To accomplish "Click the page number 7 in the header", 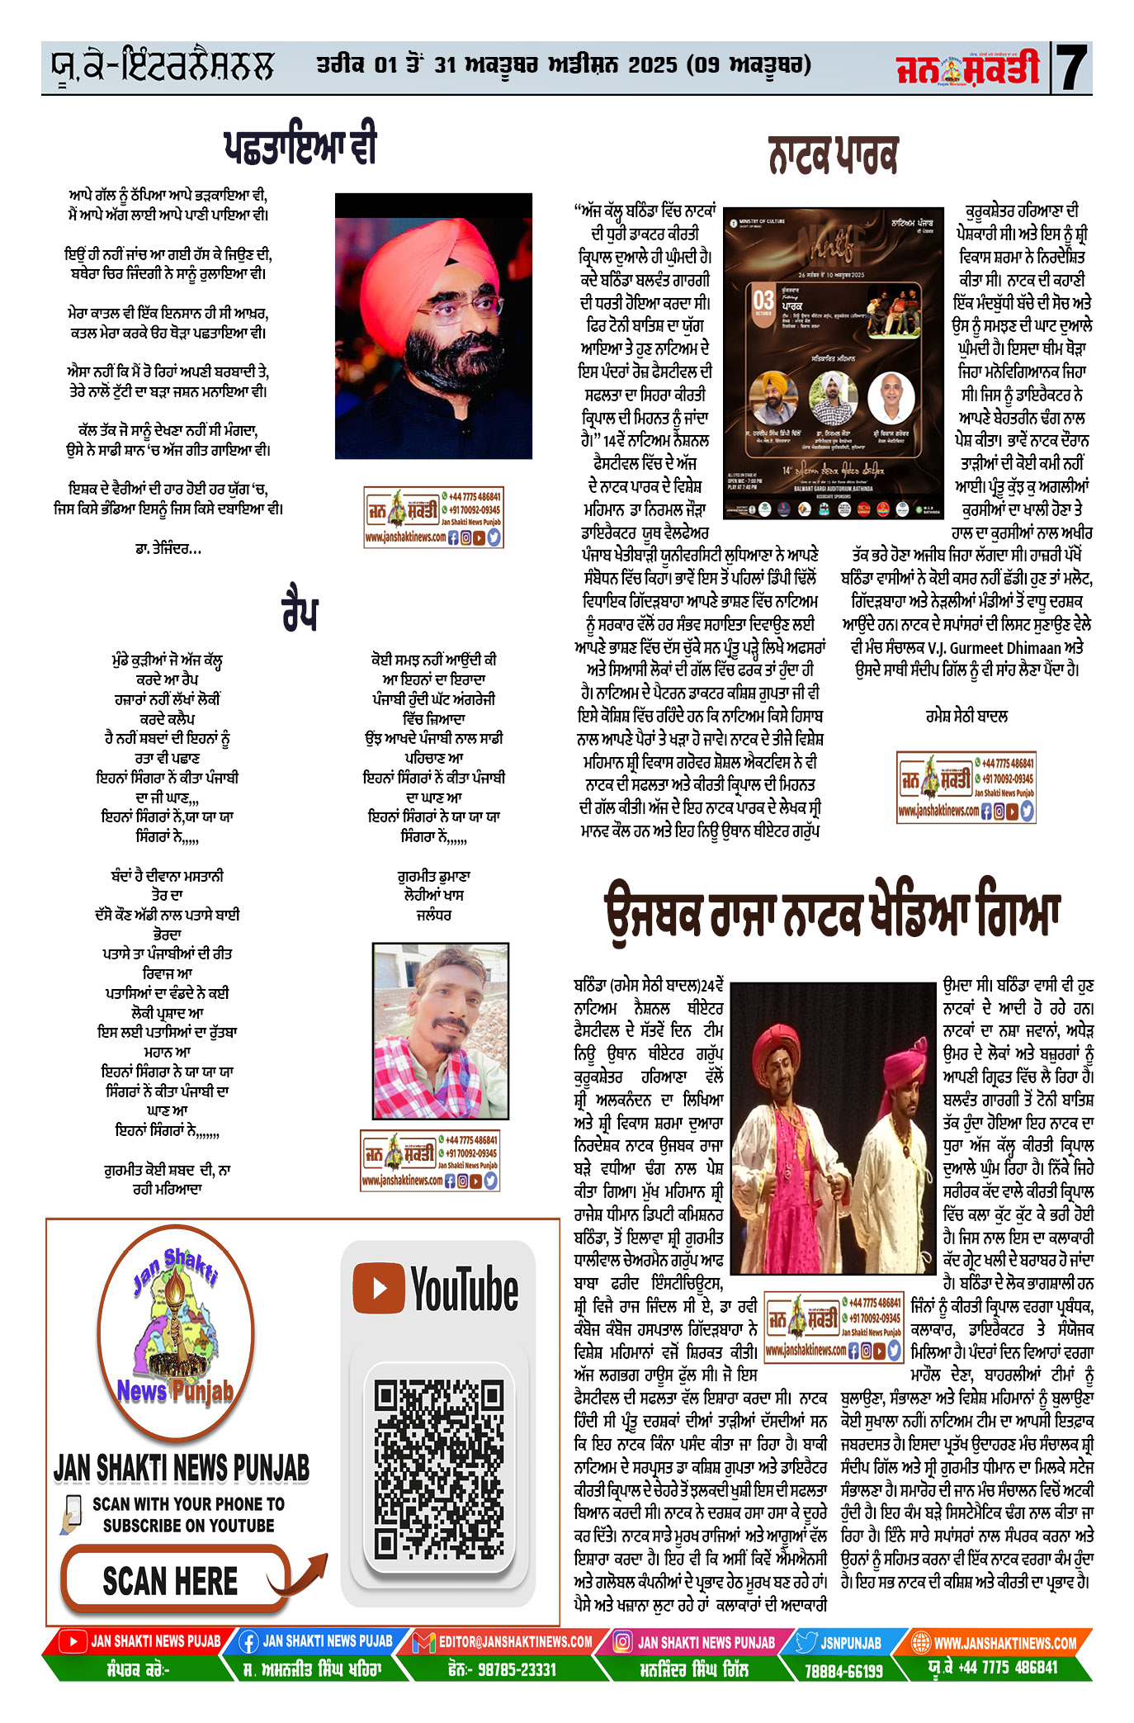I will click(x=1072, y=68).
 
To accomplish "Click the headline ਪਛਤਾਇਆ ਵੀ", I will click(x=300, y=145).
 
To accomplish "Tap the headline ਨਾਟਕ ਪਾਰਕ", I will click(x=832, y=155).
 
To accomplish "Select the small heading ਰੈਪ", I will click(x=299, y=612).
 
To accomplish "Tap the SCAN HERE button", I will click(x=172, y=1580).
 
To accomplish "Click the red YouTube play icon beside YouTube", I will click(x=379, y=1289).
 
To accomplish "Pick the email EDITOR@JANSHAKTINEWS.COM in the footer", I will click(x=515, y=1642).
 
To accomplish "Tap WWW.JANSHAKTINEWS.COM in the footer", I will click(x=1004, y=1643).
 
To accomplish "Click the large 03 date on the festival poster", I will click(x=763, y=301).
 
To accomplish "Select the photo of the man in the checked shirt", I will click(x=440, y=1030).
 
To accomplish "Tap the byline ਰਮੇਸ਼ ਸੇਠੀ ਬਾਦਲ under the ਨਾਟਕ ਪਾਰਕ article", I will click(x=966, y=716).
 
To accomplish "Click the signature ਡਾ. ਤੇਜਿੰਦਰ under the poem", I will click(x=168, y=548).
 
